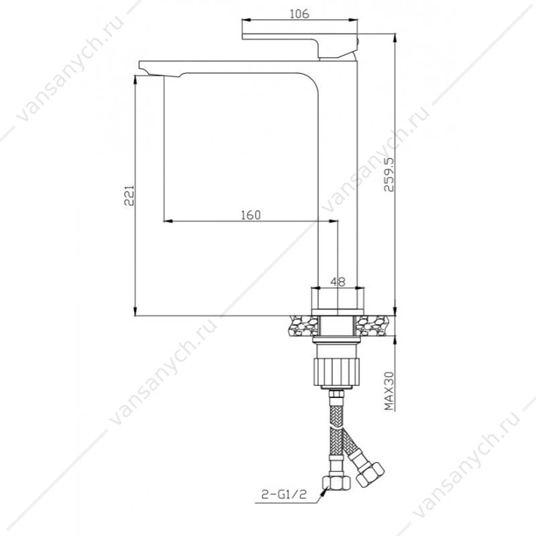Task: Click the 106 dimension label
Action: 299,14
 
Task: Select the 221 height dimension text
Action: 129,196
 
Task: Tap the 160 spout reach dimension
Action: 251,215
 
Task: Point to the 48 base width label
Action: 338,281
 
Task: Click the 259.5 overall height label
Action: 389,174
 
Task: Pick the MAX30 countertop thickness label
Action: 389,391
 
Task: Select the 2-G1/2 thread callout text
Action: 283,494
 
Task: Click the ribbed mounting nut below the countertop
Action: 337,372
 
